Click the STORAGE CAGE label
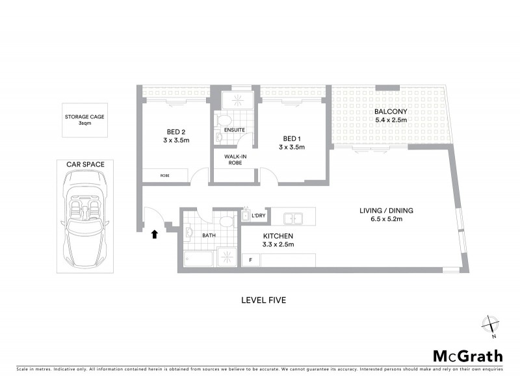pyautogui.click(x=82, y=118)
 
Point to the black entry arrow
pyautogui.click(x=154, y=234)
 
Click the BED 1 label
pyautogui.click(x=291, y=138)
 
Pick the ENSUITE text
pyautogui.click(x=234, y=130)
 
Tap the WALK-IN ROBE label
pyautogui.click(x=235, y=159)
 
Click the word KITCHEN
pyautogui.click(x=278, y=235)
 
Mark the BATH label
pyautogui.click(x=209, y=236)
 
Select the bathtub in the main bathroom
pyautogui.click(x=198, y=258)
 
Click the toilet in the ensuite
pyautogui.click(x=222, y=120)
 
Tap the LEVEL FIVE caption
pyautogui.click(x=263, y=300)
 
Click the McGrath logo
pyautogui.click(x=467, y=356)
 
